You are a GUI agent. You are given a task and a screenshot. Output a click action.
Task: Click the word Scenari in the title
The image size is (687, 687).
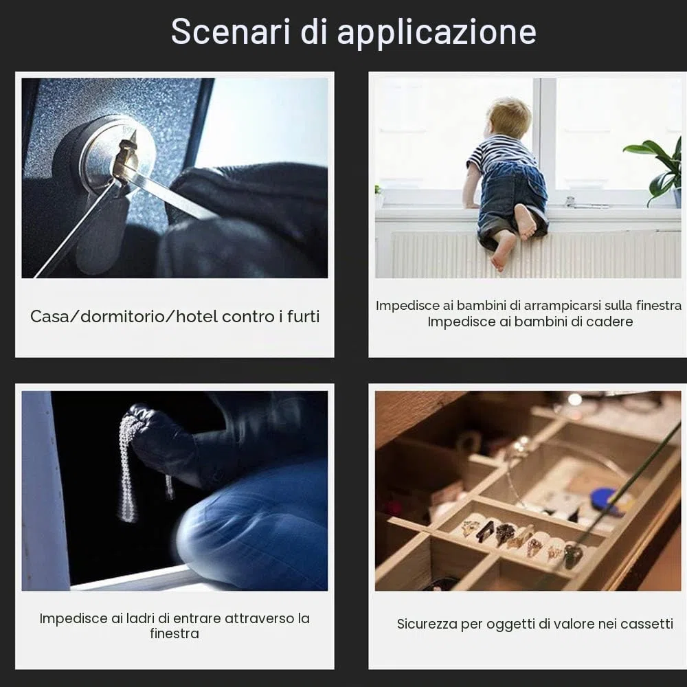pos(230,31)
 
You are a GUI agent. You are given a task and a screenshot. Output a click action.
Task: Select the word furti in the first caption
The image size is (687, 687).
pos(304,316)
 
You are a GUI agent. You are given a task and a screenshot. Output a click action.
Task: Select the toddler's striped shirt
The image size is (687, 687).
pos(497,153)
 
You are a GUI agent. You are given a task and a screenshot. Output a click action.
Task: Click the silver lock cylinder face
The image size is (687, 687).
pos(117,153)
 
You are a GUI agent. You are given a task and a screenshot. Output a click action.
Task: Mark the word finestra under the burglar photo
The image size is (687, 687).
pos(174,633)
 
